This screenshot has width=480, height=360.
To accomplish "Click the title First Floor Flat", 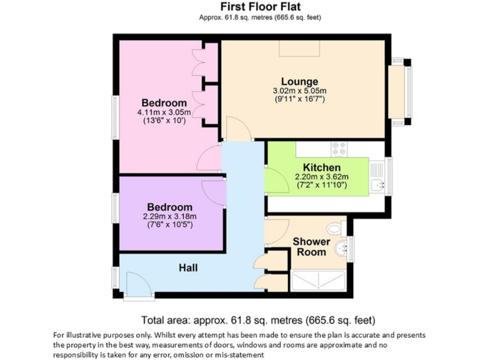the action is [x=260, y=7].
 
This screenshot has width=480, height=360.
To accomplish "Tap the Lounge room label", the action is [x=300, y=81].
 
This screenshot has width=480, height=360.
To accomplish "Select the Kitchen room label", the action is [x=322, y=167].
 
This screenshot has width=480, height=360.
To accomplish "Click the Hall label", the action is [x=188, y=268].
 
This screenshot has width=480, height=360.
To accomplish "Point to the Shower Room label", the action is [x=311, y=247].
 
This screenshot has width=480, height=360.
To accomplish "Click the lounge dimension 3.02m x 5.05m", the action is [x=300, y=91].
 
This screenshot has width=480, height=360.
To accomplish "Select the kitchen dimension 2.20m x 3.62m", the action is [x=322, y=177].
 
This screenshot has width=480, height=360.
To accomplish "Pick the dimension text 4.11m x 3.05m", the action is [x=164, y=112].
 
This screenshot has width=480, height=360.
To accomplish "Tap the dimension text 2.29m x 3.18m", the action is [x=169, y=216].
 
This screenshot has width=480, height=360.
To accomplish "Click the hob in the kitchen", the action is [x=339, y=149].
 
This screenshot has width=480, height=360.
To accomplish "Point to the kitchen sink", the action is [x=377, y=185].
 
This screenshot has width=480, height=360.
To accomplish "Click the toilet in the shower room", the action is [x=336, y=228].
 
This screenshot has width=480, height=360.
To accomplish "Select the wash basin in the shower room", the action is [x=341, y=249].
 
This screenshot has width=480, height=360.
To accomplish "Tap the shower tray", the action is [x=318, y=281].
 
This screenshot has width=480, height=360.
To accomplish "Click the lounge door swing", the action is [x=238, y=129].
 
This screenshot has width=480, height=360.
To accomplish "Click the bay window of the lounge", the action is [x=401, y=92].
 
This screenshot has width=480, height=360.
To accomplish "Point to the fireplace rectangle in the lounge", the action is [x=299, y=48].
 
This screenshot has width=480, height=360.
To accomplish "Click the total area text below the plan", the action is [x=258, y=320].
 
